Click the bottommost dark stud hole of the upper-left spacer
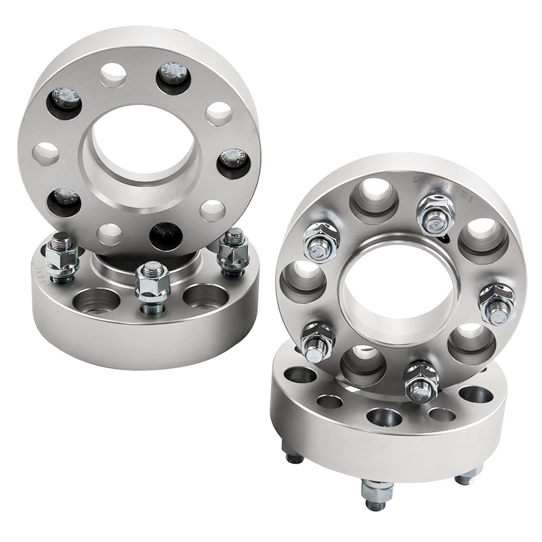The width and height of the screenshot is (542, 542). [x=166, y=236]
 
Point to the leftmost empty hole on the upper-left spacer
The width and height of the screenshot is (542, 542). [x=46, y=153]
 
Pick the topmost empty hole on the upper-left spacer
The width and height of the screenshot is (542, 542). [x=113, y=75]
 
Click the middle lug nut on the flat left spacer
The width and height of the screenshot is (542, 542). [x=152, y=286]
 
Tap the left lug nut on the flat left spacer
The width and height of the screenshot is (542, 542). [x=61, y=257]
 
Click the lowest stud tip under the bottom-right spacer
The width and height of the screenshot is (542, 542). [x=376, y=496]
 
